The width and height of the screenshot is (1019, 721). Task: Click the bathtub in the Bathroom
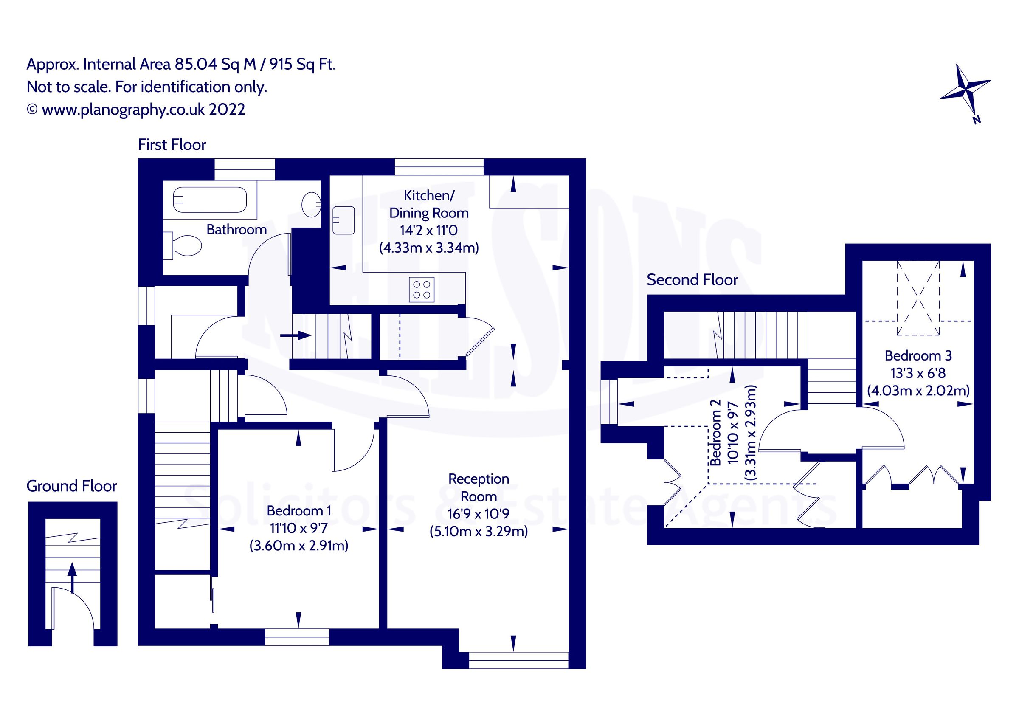point(209,200)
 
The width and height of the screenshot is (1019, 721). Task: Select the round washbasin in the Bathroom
point(311,204)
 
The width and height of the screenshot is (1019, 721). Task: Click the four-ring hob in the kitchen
point(421,290)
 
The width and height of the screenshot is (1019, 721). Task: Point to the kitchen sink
point(343,221)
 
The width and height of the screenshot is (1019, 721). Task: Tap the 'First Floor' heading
point(172,145)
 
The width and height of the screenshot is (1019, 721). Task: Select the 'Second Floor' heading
point(692,280)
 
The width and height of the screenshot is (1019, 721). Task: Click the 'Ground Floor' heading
point(71,486)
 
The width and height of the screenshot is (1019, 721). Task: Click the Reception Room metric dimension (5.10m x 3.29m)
point(479,532)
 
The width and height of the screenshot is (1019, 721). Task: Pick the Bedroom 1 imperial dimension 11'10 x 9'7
point(298,528)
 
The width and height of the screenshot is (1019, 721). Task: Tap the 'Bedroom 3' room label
point(918,355)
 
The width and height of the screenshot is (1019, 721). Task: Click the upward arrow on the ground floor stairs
point(71,577)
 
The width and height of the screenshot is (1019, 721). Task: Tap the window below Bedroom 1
point(297,637)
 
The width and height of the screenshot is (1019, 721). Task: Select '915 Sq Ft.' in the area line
point(302,65)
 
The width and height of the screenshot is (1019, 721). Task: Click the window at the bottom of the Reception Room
point(518,660)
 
